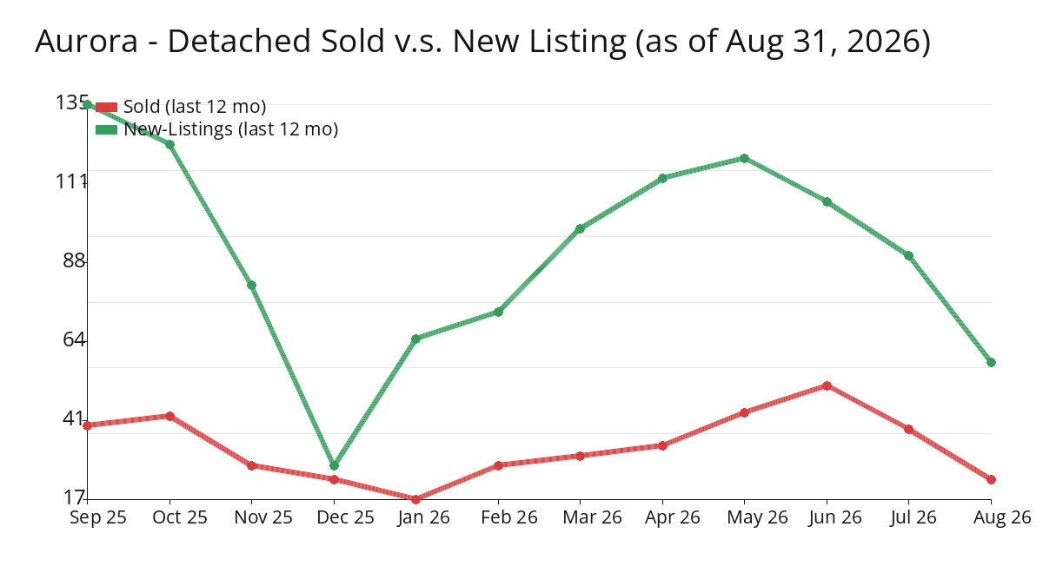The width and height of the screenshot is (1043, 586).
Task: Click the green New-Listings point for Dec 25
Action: tap(334, 465)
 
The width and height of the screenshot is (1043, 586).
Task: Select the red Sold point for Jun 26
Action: tap(827, 385)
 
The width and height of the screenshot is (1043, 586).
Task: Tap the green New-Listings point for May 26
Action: tap(744, 159)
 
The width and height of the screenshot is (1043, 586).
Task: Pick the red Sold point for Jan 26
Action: tap(415, 499)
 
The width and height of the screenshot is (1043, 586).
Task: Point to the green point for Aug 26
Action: tap(991, 362)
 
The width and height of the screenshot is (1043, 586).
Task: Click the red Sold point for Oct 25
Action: tap(170, 416)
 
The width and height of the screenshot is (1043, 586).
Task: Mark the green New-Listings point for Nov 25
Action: tap(251, 285)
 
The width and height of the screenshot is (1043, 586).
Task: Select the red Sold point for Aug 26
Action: tap(991, 479)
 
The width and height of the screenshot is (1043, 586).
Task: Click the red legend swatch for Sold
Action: tap(106, 107)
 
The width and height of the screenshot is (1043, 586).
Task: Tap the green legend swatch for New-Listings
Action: tap(106, 129)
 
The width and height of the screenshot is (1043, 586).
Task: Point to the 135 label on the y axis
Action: tap(71, 102)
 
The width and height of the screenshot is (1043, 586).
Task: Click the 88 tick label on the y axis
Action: tap(74, 260)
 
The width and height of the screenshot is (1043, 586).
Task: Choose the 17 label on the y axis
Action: tap(74, 497)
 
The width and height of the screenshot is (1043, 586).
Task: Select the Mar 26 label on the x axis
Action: tap(592, 517)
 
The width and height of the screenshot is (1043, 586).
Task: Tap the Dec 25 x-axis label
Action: tap(345, 517)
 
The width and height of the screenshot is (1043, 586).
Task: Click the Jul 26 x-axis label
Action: tap(913, 517)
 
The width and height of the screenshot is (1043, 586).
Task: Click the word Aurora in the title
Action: tap(87, 41)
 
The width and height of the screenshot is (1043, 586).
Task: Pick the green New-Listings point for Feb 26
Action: tap(498, 312)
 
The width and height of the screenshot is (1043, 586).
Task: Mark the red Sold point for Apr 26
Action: tap(662, 445)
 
